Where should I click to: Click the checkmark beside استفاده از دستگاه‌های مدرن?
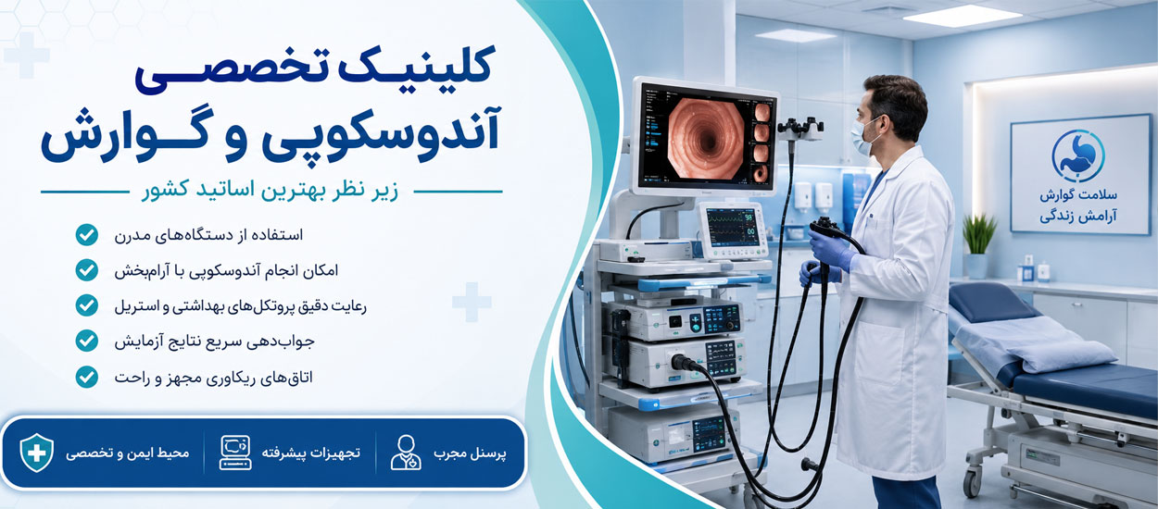[86, 235]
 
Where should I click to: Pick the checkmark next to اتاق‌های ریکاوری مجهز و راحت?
[86, 377]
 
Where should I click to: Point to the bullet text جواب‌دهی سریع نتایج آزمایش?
[215, 341]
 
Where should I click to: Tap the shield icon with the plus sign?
[37, 453]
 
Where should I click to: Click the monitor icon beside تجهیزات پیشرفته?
[235, 453]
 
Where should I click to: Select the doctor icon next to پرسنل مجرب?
[406, 453]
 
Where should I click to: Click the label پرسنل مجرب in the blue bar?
[470, 453]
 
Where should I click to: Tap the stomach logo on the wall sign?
[1078, 155]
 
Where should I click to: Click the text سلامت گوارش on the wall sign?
[1078, 195]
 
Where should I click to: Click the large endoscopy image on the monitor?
[705, 138]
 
